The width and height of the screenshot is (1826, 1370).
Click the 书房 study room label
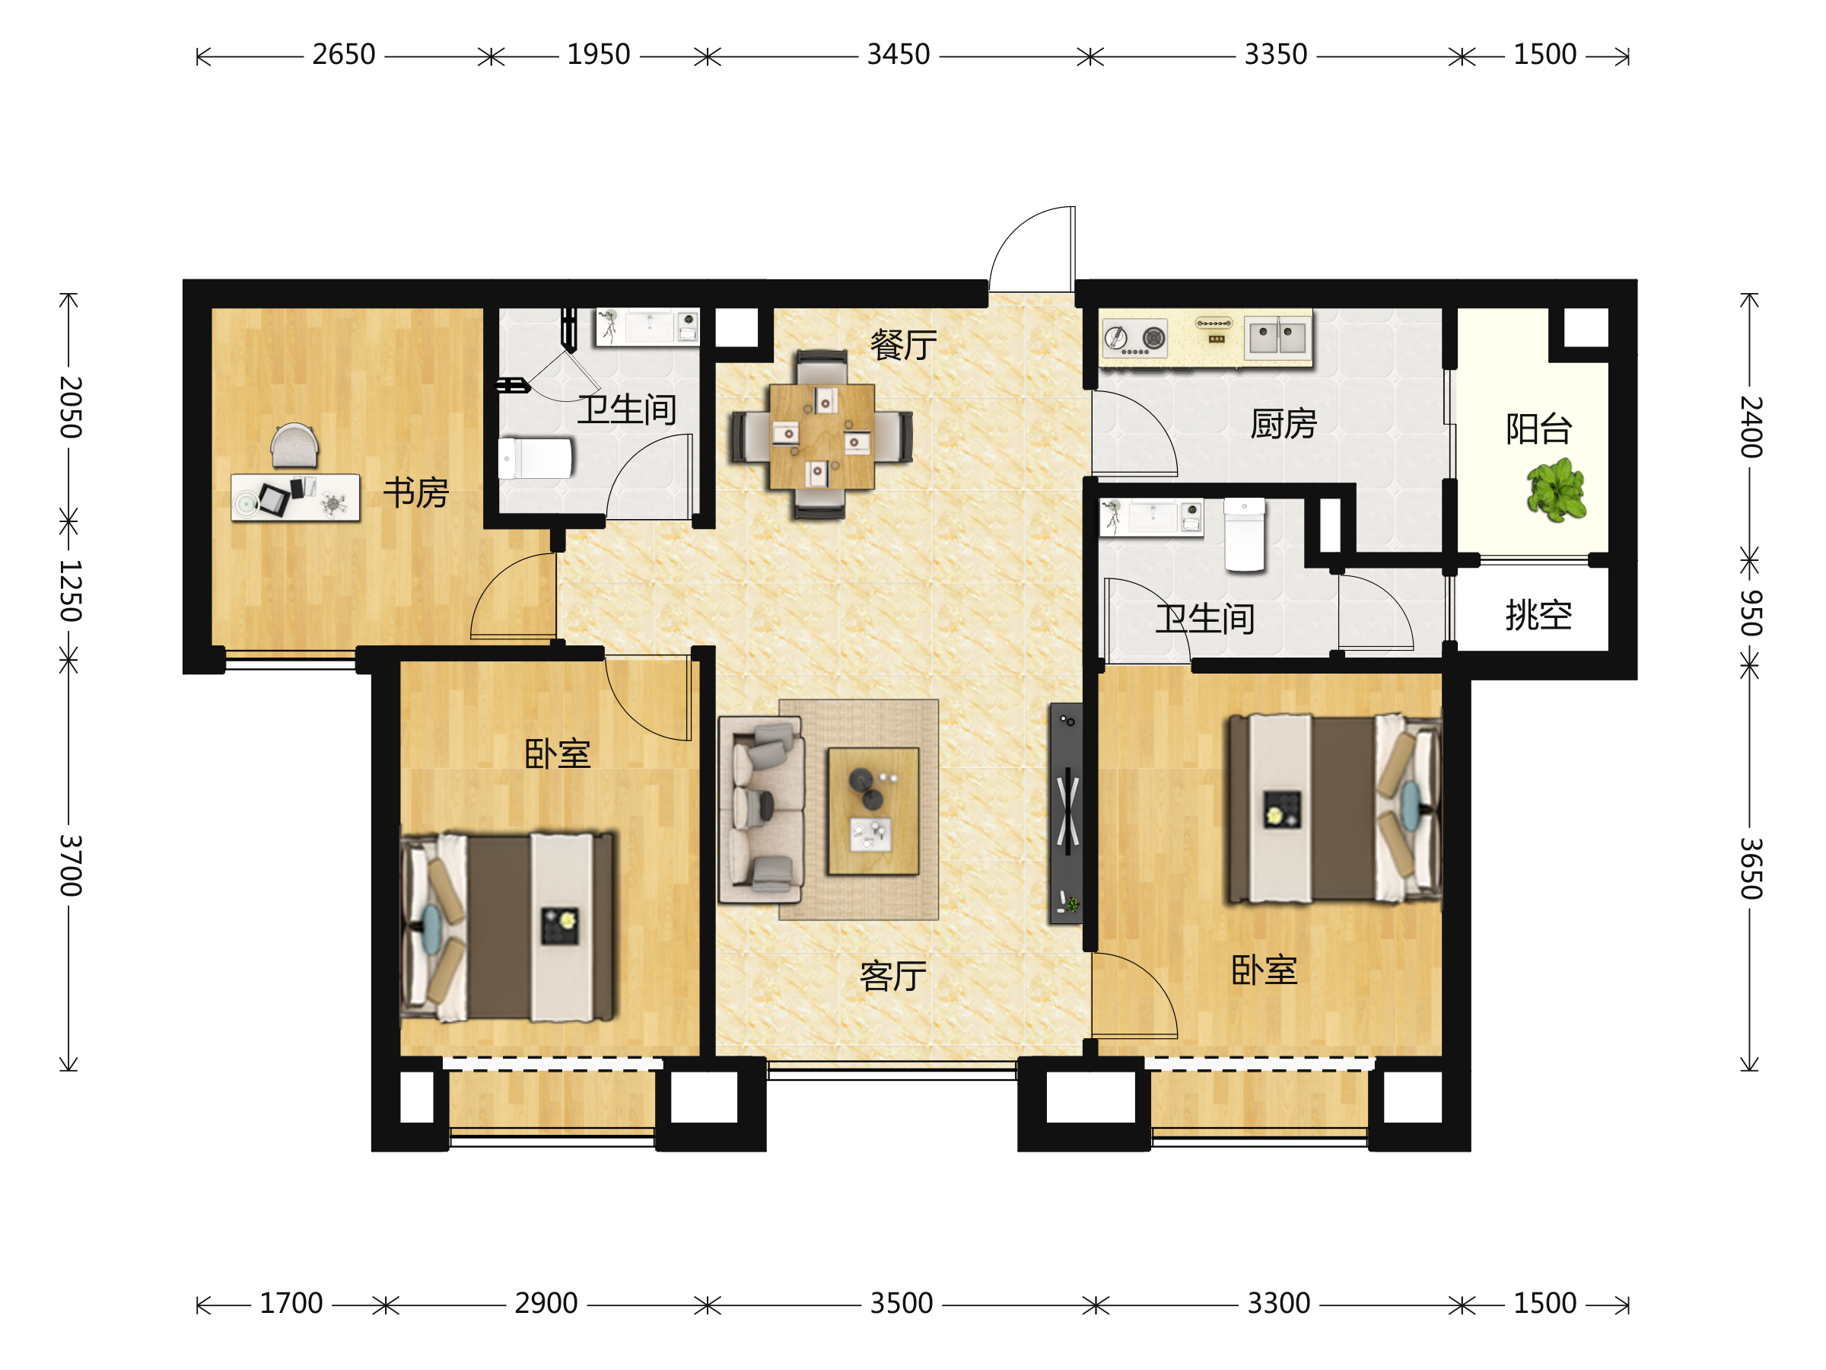[416, 493]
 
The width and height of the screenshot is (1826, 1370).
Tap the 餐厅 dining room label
[903, 344]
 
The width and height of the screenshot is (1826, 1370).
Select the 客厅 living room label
[892, 976]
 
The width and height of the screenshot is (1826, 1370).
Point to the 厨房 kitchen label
[1284, 424]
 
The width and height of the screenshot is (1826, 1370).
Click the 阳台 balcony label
[1538, 429]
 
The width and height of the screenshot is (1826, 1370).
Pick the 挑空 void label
[1538, 615]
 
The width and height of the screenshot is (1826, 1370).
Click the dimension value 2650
[343, 55]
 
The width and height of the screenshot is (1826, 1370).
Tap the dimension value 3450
[898, 55]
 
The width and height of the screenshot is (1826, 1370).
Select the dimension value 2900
[546, 1303]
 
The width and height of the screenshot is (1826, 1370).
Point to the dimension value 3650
[1751, 868]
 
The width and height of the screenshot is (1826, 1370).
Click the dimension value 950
[1751, 613]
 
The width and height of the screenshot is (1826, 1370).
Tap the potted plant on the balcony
[1557, 492]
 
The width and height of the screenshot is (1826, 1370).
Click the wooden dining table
[822, 436]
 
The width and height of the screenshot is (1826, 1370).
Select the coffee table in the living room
[873, 811]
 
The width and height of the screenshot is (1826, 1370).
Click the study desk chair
[294, 446]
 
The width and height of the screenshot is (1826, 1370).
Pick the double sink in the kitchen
[1276, 337]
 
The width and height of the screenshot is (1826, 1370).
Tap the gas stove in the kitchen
[1135, 339]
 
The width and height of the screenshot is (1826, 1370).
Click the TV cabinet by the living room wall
[1066, 814]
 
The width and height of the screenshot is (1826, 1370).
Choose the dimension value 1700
[291, 1303]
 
